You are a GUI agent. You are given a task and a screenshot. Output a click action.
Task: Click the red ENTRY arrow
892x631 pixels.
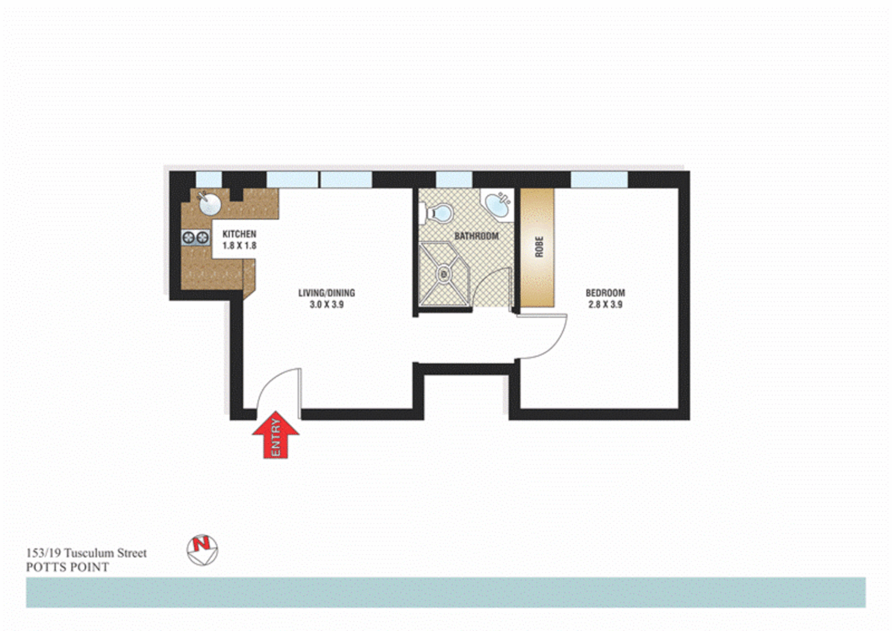click(x=276, y=435)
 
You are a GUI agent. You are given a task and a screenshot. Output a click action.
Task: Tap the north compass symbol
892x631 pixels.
click(x=202, y=550)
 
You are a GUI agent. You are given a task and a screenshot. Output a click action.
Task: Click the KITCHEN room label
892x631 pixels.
click(x=239, y=234)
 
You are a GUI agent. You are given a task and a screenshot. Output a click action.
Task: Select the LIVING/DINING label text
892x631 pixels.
click(x=327, y=293)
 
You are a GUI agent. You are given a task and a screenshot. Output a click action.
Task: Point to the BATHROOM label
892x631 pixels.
click(x=476, y=236)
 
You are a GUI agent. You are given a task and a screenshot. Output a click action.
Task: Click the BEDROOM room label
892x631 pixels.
click(x=605, y=293)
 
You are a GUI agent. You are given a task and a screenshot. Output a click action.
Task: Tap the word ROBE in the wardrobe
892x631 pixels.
click(x=539, y=247)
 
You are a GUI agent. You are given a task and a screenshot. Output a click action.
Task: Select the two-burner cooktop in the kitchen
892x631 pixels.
click(x=196, y=237)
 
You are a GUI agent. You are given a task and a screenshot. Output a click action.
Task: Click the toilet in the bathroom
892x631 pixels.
click(x=438, y=213)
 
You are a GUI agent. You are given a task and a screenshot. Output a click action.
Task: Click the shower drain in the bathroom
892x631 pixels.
click(x=444, y=273)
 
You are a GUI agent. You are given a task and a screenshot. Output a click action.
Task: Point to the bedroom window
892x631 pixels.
click(x=599, y=179)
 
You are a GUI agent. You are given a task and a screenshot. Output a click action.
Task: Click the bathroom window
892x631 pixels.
click(x=454, y=179)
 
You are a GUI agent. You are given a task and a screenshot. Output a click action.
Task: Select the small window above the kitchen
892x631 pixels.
click(x=209, y=179)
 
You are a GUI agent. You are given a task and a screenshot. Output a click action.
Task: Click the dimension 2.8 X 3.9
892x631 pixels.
click(x=605, y=304)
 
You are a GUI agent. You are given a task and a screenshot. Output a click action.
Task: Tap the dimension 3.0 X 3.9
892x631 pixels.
click(x=327, y=304)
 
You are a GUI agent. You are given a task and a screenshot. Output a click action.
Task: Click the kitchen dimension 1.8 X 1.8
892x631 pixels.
click(x=239, y=245)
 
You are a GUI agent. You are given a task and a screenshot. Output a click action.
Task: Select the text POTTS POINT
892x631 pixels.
click(x=67, y=567)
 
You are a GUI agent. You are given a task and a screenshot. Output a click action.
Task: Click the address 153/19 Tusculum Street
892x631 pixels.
click(x=86, y=553)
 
